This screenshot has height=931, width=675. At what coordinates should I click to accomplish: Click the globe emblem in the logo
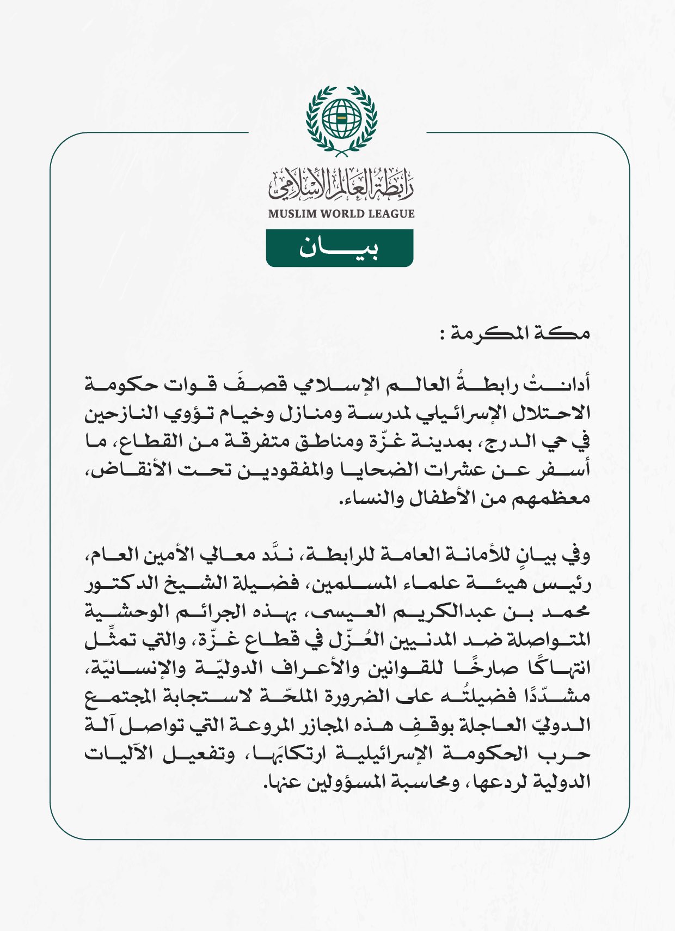(341, 118)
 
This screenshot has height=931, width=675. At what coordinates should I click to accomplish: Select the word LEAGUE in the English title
(391, 214)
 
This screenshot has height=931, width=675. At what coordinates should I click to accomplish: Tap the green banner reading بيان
(339, 248)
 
